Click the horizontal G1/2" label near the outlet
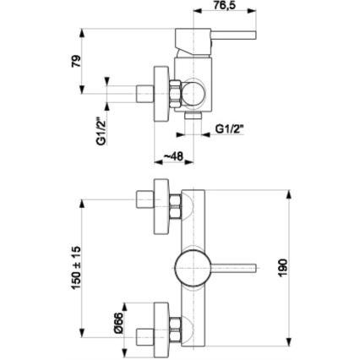pos(229,129)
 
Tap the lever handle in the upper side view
pos(228,35)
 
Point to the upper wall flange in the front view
pos(161,204)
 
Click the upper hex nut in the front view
pos(175,204)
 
